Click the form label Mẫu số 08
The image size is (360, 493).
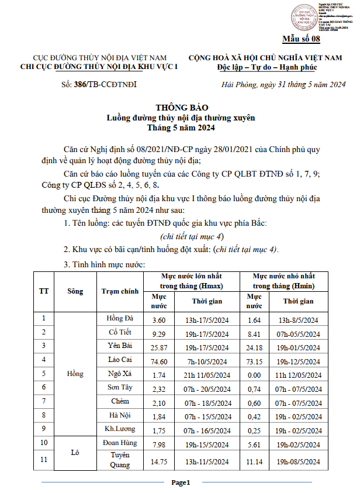(x=302, y=40)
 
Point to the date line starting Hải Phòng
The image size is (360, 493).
(x=284, y=85)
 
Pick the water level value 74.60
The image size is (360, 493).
(x=155, y=361)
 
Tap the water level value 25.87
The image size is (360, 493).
(x=155, y=347)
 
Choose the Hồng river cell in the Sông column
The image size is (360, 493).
(x=75, y=374)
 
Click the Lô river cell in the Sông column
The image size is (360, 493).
(x=75, y=452)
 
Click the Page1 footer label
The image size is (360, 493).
(x=181, y=483)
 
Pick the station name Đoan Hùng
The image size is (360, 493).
(x=120, y=444)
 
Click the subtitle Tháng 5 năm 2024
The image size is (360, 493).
(x=181, y=128)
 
